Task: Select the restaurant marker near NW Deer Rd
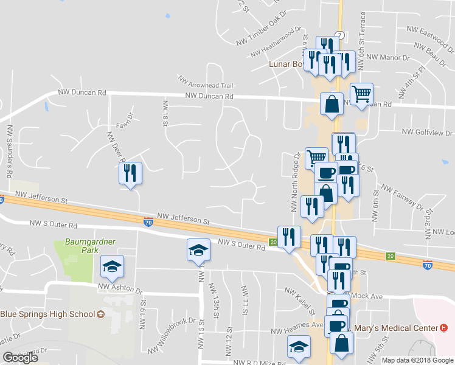click(130, 173)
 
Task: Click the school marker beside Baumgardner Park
click(112, 266)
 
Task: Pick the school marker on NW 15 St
click(198, 251)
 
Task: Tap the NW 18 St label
click(164, 114)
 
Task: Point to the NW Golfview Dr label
click(428, 132)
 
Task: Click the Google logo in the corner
click(21, 358)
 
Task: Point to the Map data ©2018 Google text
click(417, 360)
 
